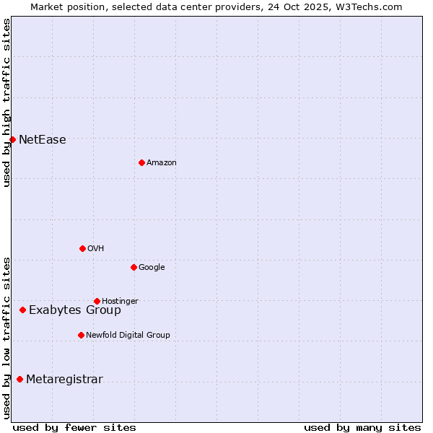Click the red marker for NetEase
point(13,139)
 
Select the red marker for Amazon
point(141,162)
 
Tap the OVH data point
point(82,248)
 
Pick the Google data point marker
point(134,267)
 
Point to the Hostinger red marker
point(97,301)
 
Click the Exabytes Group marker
point(22,310)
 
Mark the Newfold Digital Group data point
point(81,335)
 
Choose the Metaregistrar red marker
point(19,379)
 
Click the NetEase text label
point(43,140)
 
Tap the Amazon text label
point(162,163)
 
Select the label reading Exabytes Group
point(75,310)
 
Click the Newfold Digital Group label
point(128,335)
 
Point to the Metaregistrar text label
point(64,380)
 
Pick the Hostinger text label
point(120,301)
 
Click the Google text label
point(152,268)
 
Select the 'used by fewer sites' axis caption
point(74,427)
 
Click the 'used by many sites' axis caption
point(362,427)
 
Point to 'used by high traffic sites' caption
point(6,102)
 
